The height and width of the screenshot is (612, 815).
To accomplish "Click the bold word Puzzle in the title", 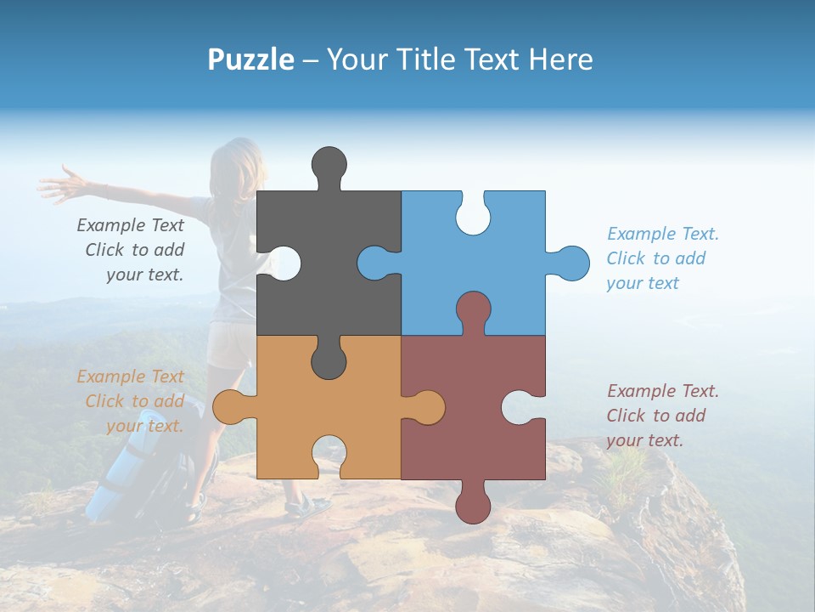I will point(250,59).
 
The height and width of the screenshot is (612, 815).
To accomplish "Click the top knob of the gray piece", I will point(329,166).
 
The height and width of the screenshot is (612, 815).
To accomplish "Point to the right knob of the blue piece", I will point(570,263).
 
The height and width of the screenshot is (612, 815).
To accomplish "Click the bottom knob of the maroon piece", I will point(473,503).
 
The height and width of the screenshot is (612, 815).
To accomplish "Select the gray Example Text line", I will point(130,225).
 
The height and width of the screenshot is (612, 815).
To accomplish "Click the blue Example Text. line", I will point(662,234).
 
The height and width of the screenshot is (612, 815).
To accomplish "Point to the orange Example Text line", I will point(130,377).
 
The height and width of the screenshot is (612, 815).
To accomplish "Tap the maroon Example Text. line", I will point(662,391).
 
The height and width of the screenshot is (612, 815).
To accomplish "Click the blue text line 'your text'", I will point(643,283).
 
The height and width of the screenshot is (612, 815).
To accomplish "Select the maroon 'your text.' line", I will point(644,440).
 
